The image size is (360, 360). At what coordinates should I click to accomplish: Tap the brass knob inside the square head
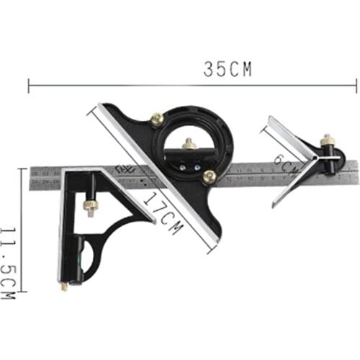point(91,207)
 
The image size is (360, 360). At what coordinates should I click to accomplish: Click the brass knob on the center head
point(328,139)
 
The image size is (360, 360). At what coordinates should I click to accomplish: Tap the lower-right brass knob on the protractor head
point(209,176)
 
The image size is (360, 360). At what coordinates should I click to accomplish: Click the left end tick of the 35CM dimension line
point(29,86)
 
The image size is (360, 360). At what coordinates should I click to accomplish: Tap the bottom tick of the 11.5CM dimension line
point(21,292)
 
